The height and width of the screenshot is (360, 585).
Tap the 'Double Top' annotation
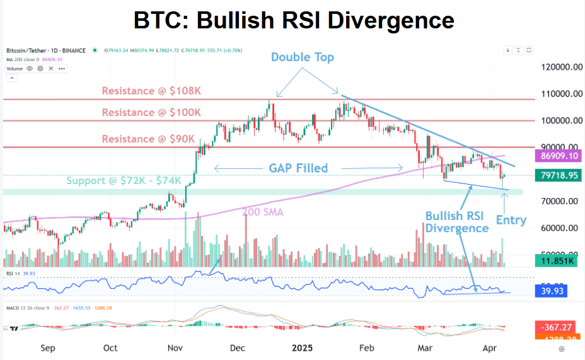(303, 57)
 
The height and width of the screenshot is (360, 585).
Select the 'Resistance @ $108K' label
(151, 91)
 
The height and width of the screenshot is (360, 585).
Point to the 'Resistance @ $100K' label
(151, 112)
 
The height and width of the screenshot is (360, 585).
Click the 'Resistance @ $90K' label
(149, 138)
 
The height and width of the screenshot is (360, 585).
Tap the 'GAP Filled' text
(298, 168)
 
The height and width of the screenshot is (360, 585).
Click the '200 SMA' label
(264, 212)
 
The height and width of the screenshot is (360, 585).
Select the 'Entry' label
(511, 220)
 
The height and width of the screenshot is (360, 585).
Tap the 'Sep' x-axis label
(47, 347)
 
